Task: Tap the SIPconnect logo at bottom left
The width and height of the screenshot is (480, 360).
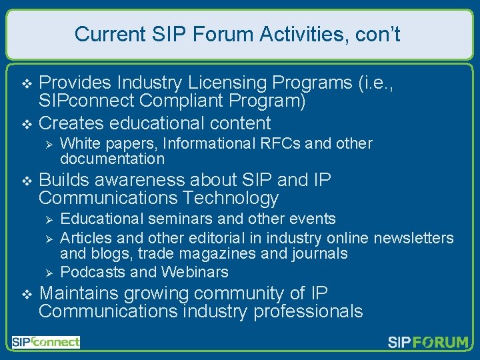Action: pos(45,342)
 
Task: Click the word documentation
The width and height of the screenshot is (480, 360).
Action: pos(112,159)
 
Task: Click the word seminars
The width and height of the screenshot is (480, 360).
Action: pos(183,219)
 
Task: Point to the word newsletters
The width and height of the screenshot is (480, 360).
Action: pos(413,238)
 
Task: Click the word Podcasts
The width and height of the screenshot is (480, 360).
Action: pos(93,272)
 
